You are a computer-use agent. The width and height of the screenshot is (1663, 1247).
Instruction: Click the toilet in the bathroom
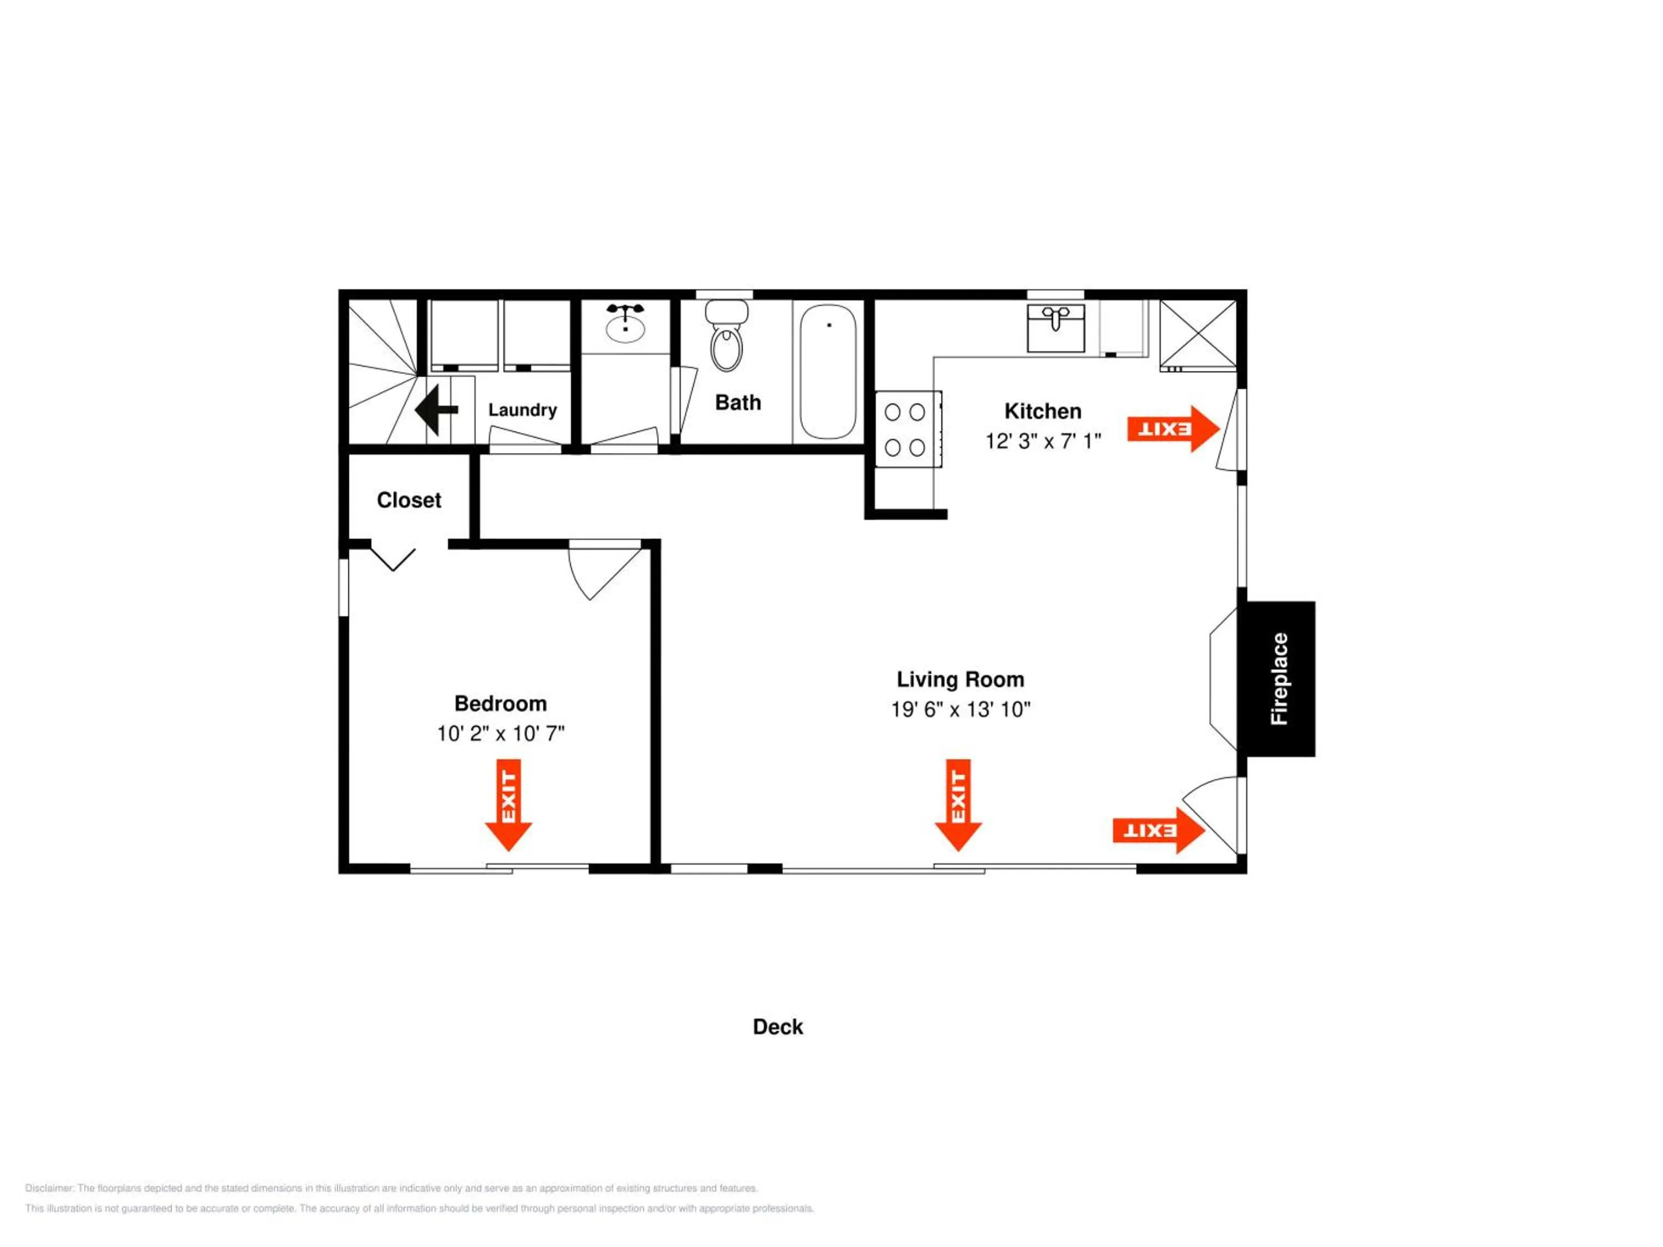coord(726,336)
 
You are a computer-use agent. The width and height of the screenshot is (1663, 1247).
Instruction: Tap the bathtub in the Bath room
coord(828,372)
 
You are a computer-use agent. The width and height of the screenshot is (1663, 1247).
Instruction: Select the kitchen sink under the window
coord(1055,328)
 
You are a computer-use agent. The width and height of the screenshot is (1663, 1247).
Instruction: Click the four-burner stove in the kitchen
coord(907,429)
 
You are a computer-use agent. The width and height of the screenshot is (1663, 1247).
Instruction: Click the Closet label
coord(409,500)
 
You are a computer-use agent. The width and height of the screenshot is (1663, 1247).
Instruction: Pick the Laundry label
coord(523,410)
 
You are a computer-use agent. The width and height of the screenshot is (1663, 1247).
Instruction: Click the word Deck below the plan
coord(778,1027)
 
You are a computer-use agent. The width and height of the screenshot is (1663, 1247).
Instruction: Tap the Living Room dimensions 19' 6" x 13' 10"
coord(960,709)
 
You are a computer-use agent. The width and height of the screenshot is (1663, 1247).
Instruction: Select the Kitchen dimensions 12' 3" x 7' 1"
coord(1043,441)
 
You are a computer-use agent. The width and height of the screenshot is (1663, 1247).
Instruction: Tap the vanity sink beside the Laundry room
coord(625,327)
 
